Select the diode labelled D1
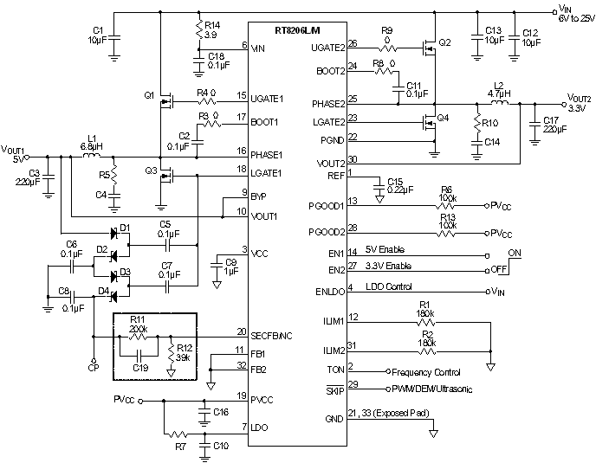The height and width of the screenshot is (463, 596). pos(113,234)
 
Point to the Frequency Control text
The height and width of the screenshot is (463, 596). pos(426,371)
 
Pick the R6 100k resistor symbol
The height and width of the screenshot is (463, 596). pos(445,206)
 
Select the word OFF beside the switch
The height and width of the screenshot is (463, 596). pos(500,268)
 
